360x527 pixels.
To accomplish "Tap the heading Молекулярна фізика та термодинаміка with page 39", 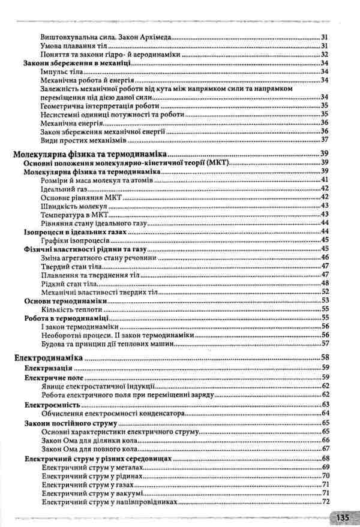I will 90,154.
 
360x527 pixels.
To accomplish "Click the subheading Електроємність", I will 52,405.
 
